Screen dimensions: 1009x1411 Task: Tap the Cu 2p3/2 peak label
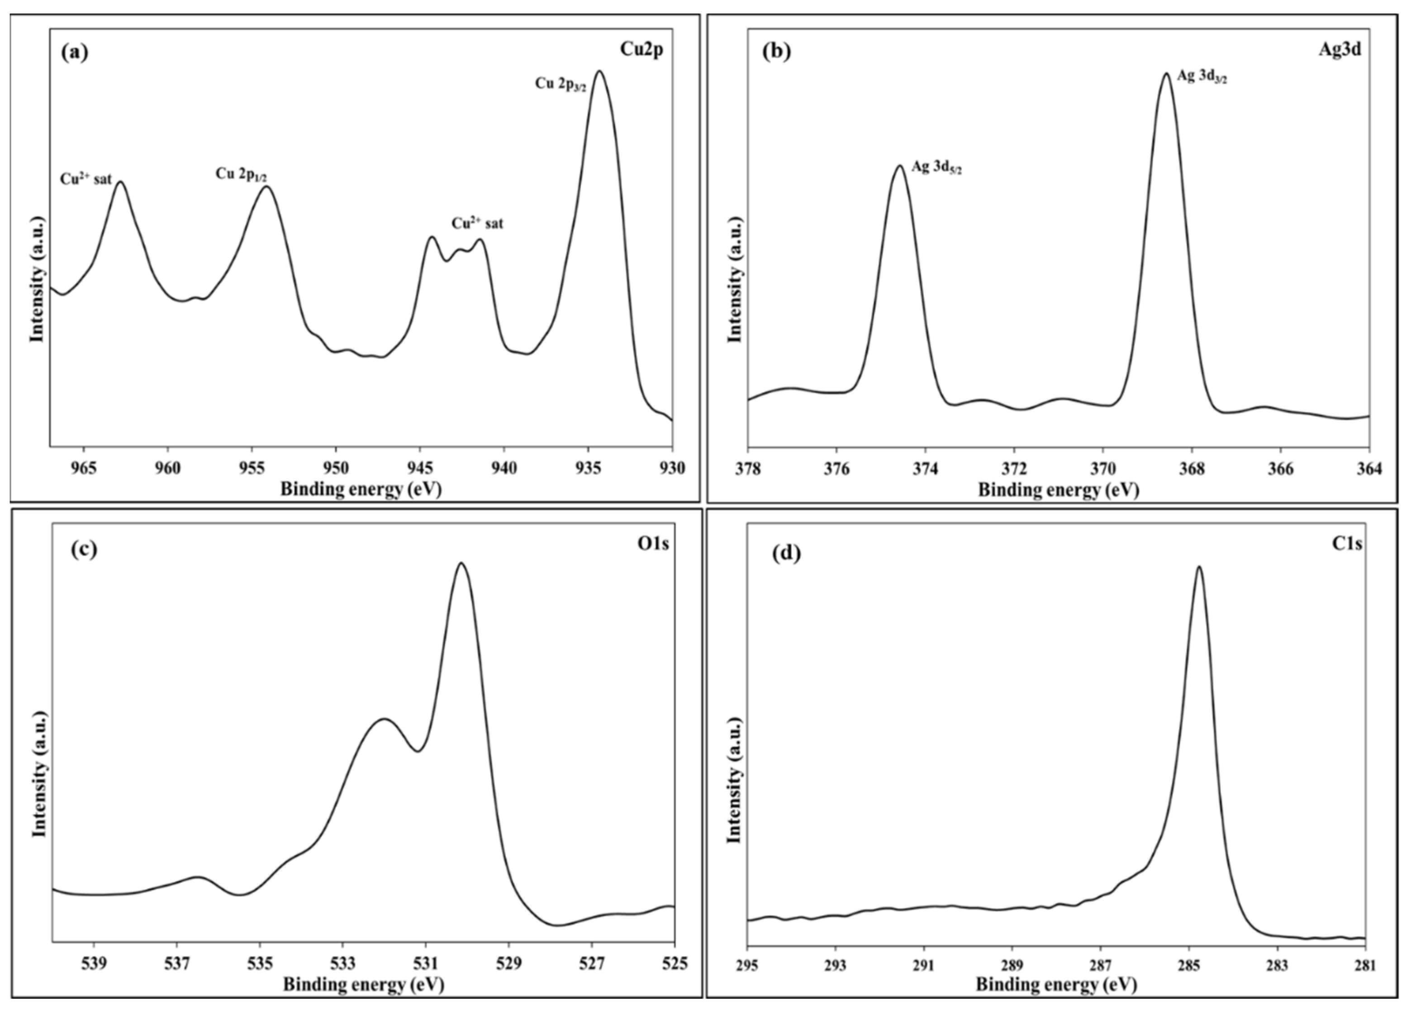click(561, 85)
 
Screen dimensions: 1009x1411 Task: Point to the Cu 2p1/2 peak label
click(241, 175)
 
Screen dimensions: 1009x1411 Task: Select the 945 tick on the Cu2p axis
click(419, 467)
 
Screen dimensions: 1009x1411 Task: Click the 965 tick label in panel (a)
click(84, 467)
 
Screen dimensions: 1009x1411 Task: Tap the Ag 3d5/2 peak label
click(936, 168)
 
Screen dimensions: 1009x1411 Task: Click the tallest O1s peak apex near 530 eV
click(461, 564)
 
